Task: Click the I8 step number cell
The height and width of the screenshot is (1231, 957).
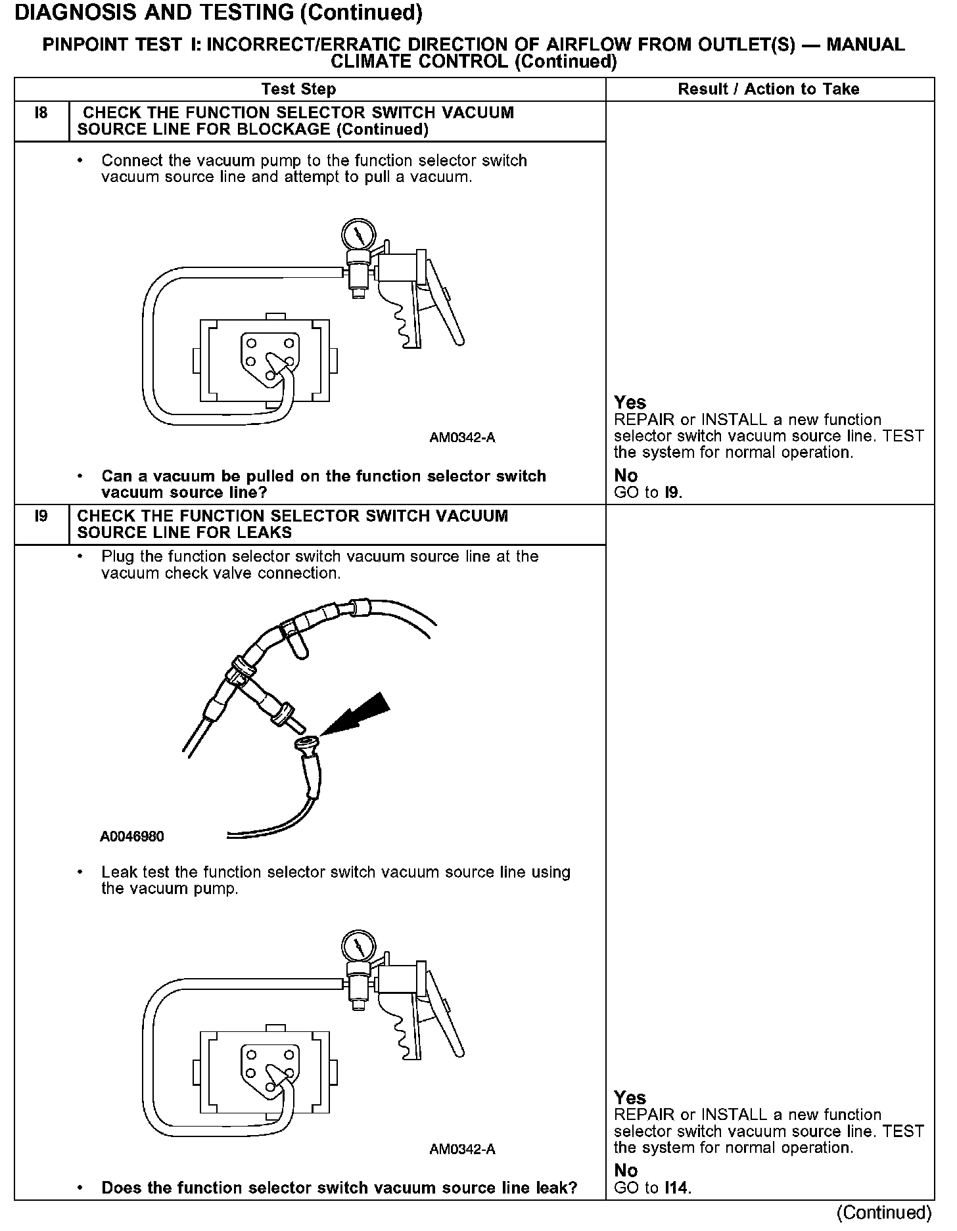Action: pos(41,114)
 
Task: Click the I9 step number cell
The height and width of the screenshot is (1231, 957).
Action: pos(41,516)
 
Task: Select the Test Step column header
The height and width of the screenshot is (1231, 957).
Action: pos(298,89)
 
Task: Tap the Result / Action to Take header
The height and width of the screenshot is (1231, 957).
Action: pos(768,89)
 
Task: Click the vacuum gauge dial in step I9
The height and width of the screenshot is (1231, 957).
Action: pos(358,947)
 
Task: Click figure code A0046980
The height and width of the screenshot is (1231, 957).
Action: pos(132,837)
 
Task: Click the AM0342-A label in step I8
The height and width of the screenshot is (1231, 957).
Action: pos(462,437)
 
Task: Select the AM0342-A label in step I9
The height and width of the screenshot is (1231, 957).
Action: pos(462,1149)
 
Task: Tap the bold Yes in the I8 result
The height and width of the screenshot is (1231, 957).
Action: pos(630,403)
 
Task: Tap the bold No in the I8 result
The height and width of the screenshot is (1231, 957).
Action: pos(626,476)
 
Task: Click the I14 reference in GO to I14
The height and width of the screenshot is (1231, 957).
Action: pos(677,1188)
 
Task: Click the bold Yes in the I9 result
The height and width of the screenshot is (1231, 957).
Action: pos(630,1098)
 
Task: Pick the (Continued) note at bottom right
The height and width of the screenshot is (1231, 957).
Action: pos(884,1213)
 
